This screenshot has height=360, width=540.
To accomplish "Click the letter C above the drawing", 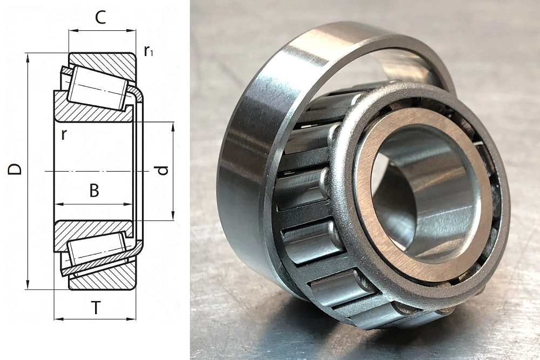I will tap(100, 17).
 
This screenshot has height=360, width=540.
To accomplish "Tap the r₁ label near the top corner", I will tap(148, 51).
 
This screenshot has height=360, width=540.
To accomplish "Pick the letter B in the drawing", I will tap(94, 191).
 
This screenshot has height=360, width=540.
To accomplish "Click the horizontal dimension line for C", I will tap(102, 31).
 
